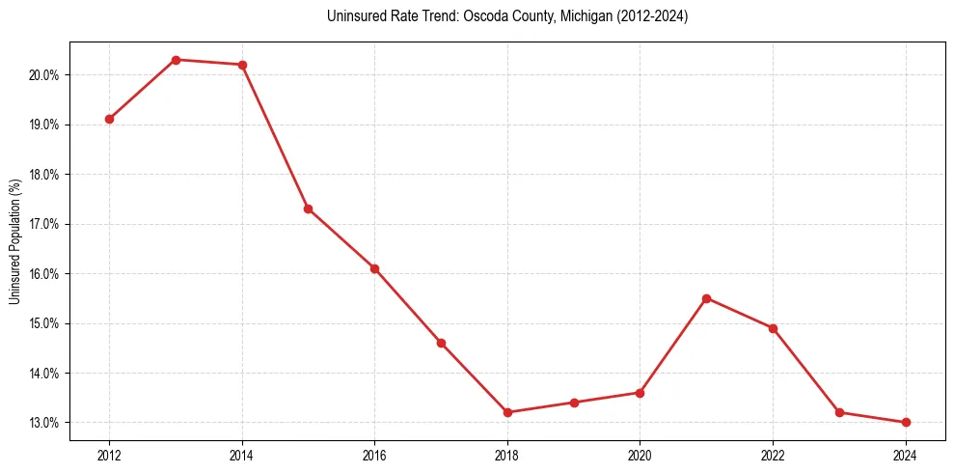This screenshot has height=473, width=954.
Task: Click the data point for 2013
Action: click(176, 60)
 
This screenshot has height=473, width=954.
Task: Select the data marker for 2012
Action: click(109, 119)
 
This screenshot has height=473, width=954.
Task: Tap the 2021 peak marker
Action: click(706, 298)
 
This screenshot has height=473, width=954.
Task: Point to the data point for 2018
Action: click(507, 412)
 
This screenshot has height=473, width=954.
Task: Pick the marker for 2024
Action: click(906, 422)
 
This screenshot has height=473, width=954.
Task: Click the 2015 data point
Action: click(309, 209)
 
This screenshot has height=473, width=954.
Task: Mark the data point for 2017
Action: click(441, 343)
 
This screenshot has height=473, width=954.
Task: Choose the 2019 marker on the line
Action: click(574, 403)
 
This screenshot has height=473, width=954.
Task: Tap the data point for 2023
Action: click(839, 412)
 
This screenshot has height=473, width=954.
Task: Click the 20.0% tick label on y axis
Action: click(44, 75)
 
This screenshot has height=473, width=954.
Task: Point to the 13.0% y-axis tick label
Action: click(44, 423)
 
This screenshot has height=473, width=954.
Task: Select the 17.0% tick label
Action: click(44, 224)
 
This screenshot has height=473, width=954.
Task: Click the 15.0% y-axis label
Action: click(44, 323)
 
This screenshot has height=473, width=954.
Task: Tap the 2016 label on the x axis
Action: click(375, 455)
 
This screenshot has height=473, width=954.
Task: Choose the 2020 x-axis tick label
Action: click(641, 455)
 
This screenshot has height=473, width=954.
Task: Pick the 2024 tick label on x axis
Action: click(906, 455)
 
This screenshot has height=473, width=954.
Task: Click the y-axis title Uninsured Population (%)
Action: click(14, 241)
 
